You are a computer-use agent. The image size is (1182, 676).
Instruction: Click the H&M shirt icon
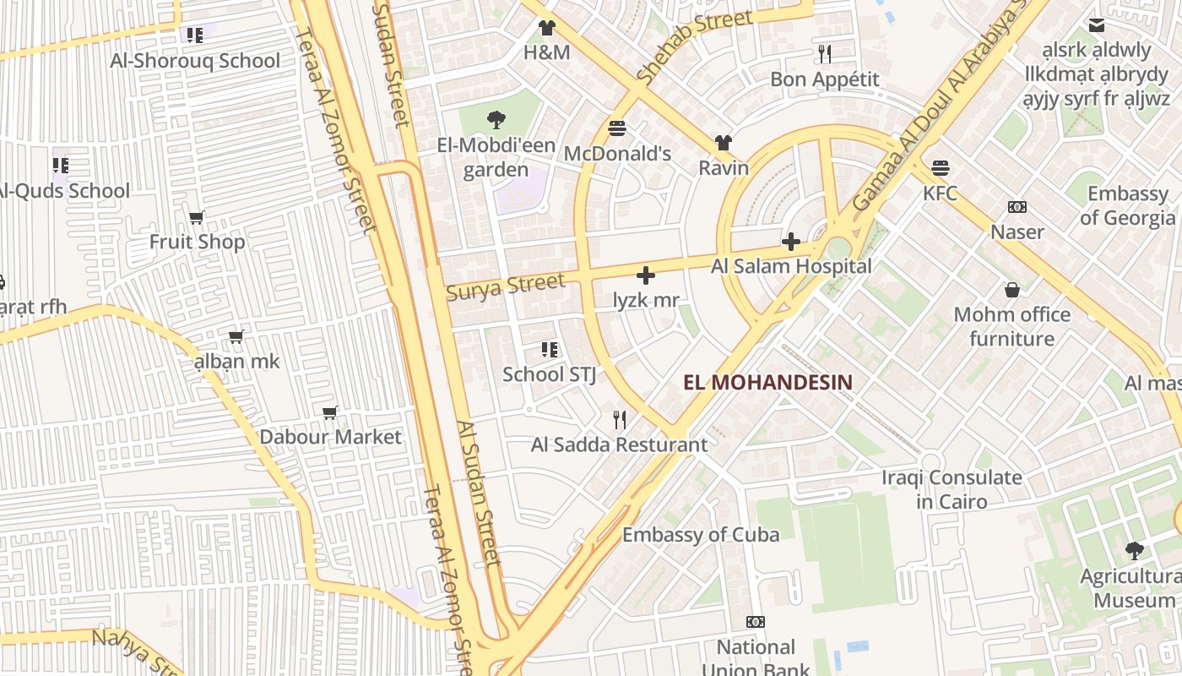(x=547, y=28)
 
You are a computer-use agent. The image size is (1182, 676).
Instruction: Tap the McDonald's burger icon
(x=617, y=128)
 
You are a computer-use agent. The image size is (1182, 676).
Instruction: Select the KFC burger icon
(x=940, y=167)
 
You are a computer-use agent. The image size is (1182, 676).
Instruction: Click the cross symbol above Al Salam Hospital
(x=791, y=243)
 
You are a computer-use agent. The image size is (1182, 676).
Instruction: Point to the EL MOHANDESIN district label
(x=767, y=382)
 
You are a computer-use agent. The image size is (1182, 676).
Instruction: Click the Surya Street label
(x=505, y=286)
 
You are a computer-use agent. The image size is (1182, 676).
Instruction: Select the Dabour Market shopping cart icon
(x=330, y=412)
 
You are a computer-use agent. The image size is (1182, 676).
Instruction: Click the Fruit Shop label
(x=197, y=243)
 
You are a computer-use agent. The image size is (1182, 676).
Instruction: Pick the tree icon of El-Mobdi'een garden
(x=496, y=120)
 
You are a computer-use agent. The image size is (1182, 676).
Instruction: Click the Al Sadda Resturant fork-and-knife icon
(x=620, y=419)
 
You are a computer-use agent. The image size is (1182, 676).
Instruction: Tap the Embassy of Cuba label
(x=701, y=534)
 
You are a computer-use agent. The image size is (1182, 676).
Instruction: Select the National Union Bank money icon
(x=756, y=622)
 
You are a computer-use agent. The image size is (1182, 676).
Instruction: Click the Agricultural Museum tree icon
(x=1134, y=551)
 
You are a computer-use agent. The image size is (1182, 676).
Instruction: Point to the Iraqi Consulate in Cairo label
(x=952, y=489)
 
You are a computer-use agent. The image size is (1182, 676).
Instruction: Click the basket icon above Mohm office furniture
(x=1011, y=291)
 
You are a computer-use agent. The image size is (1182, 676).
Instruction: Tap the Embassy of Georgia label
(x=1127, y=205)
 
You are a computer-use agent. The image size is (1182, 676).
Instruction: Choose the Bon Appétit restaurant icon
(x=825, y=54)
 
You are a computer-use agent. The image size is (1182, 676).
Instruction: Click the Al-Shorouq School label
(x=195, y=61)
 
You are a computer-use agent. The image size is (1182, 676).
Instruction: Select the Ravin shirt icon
(x=724, y=143)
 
